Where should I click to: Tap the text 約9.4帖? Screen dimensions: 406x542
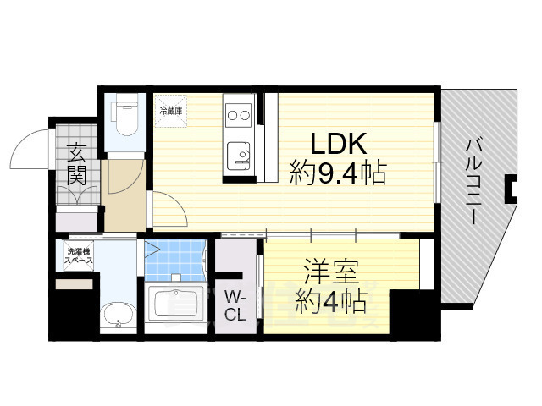point(337,175)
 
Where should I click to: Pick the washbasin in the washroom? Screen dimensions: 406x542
point(116,318)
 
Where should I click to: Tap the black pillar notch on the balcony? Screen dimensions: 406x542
point(511,189)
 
